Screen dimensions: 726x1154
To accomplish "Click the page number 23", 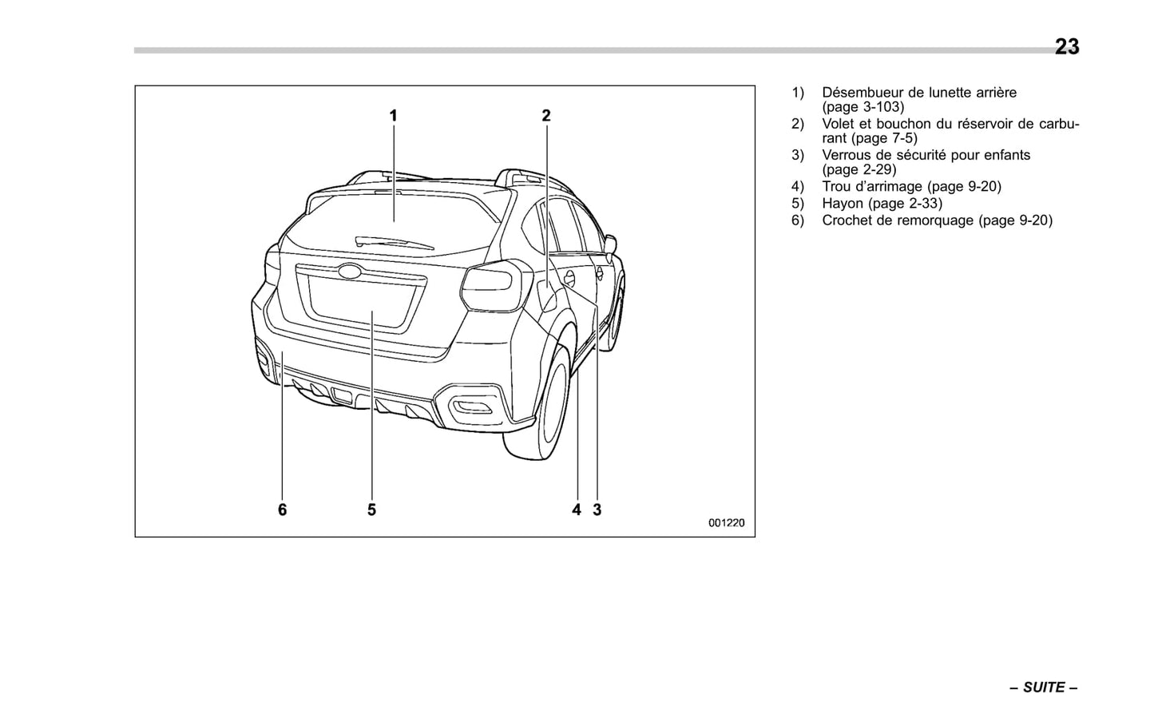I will pos(1066,47).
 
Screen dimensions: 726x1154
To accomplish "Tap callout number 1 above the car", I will pos(393,116).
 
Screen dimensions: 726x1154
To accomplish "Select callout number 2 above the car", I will pos(546,116).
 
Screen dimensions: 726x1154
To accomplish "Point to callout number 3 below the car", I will pos(597,510).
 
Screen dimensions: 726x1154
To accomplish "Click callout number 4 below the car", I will pos(576,510).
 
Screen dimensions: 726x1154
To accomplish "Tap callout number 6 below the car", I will pos(282,510).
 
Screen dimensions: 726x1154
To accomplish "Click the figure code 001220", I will pos(726,523).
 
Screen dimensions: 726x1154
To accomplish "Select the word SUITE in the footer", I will pos(1044,688).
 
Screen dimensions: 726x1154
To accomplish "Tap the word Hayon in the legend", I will pos(843,204).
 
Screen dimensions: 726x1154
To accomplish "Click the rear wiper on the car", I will pos(394,242).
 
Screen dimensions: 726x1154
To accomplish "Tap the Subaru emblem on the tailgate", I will pos(349,271).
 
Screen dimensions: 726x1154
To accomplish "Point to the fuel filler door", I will pos(569,278).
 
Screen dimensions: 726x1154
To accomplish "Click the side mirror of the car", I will pos(611,243).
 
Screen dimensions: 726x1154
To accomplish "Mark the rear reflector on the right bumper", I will pos(474,409).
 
